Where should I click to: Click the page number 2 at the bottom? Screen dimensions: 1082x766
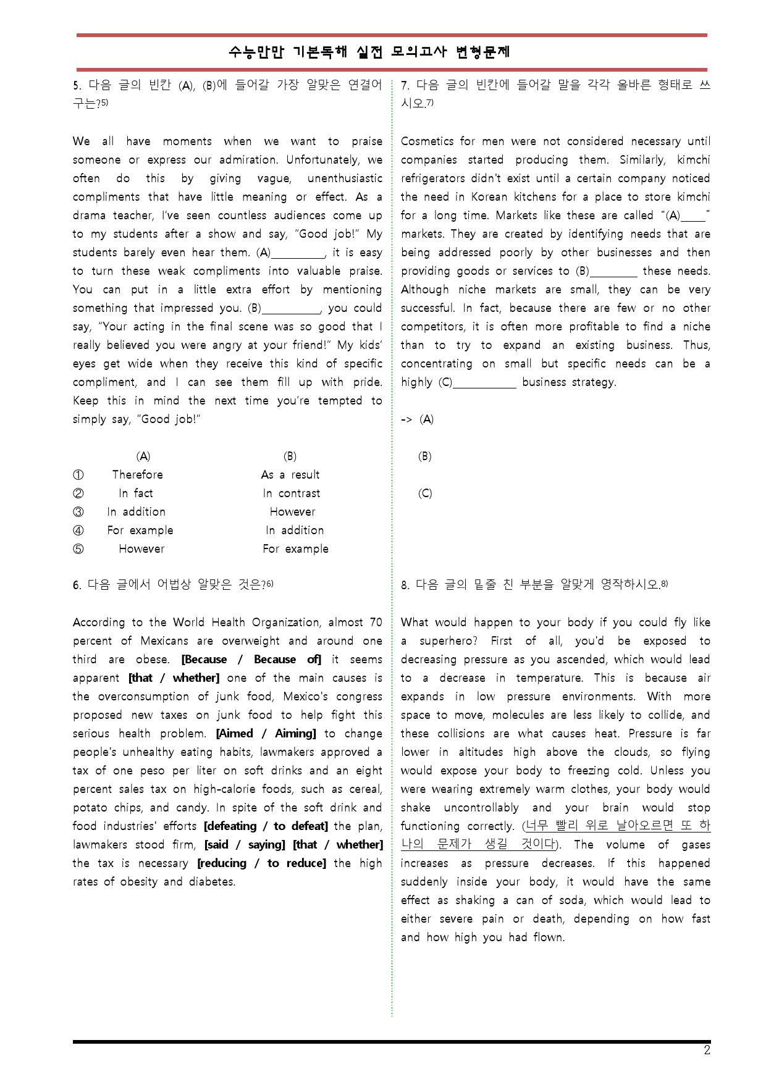(x=707, y=1051)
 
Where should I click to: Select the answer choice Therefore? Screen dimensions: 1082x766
(x=137, y=475)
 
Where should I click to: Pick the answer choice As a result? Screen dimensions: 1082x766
(x=290, y=475)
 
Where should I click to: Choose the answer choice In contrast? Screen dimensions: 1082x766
(x=291, y=493)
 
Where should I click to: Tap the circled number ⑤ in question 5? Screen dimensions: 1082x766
(x=78, y=549)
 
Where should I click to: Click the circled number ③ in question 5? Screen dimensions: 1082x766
(x=78, y=512)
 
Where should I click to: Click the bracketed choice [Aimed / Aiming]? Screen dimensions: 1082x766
(x=266, y=734)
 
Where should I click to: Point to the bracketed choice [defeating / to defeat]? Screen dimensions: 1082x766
(x=266, y=826)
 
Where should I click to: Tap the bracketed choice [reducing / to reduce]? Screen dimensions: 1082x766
(x=261, y=863)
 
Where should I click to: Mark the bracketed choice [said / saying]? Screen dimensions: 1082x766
(x=245, y=845)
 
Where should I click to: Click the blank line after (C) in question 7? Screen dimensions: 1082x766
(x=484, y=384)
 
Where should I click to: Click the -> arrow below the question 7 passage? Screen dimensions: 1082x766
(x=406, y=420)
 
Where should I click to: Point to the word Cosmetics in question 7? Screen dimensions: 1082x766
(x=427, y=141)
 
